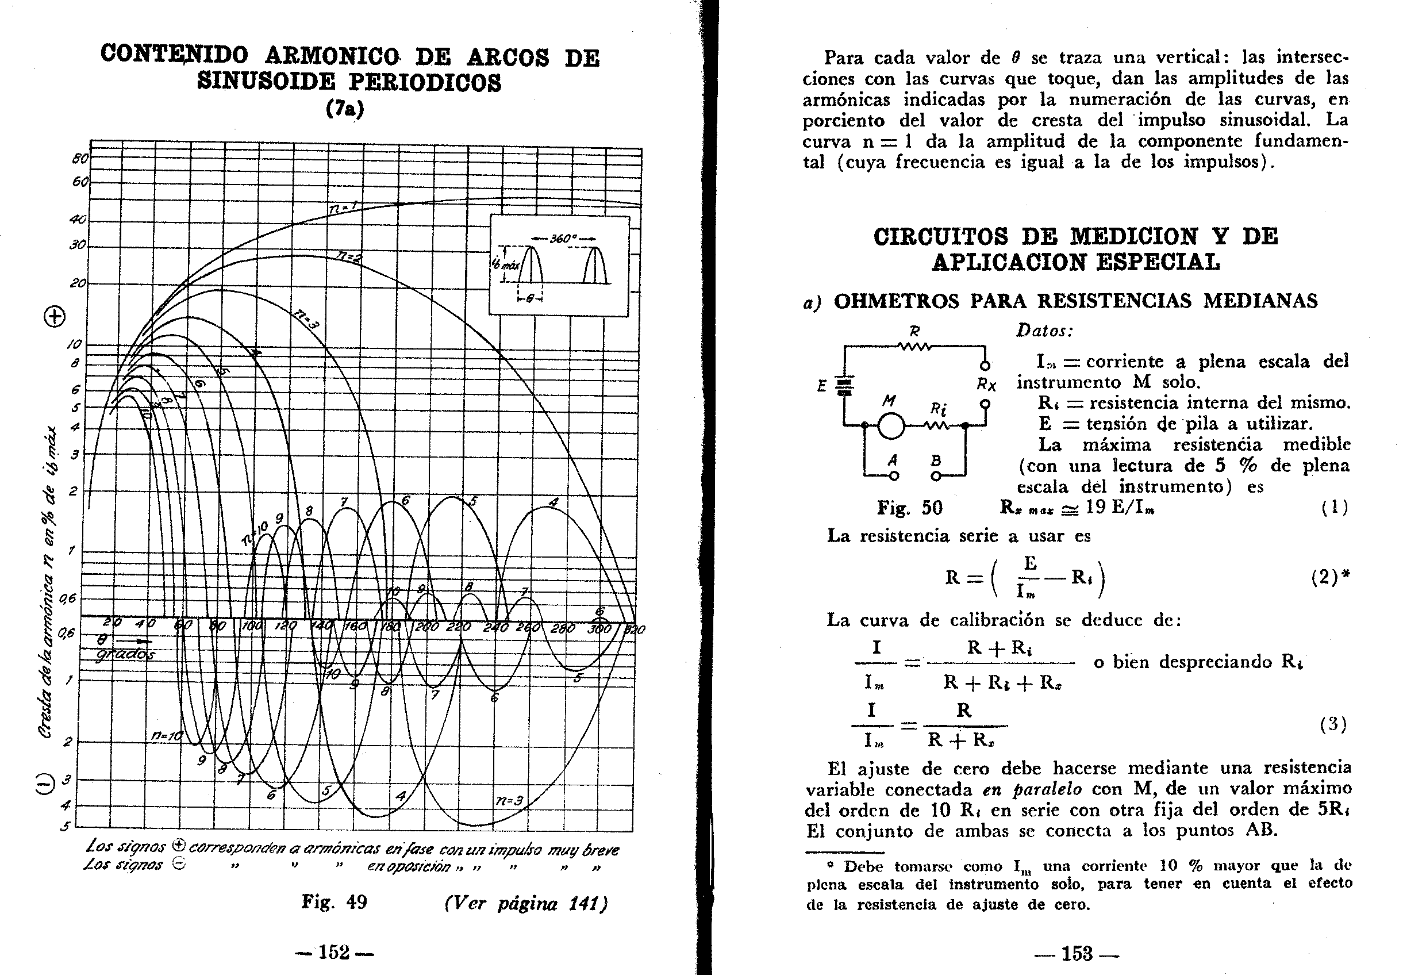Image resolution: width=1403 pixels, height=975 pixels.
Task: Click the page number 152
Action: click(x=334, y=953)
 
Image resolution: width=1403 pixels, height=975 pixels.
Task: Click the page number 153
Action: click(x=1076, y=953)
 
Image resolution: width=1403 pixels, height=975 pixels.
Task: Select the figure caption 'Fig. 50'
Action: click(x=909, y=507)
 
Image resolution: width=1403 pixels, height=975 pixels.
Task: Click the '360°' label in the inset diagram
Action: click(x=562, y=238)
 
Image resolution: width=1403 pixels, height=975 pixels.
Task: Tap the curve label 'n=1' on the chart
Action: click(x=342, y=209)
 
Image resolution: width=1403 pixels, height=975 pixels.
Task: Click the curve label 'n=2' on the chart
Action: click(x=348, y=256)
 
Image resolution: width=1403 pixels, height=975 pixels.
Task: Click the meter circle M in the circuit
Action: click(x=890, y=426)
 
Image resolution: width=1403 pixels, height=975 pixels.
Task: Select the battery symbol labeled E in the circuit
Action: click(x=844, y=386)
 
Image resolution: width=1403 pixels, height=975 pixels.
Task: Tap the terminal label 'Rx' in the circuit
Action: click(x=986, y=385)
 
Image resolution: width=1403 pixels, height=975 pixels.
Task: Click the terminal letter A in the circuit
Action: click(x=893, y=460)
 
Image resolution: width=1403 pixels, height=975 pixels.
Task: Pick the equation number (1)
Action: click(x=1334, y=508)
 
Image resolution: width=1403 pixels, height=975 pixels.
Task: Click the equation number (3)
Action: click(x=1334, y=724)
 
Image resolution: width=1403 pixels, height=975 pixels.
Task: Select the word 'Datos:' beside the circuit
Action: click(x=1044, y=331)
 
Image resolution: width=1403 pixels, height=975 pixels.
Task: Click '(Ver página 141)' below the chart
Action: click(x=525, y=903)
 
